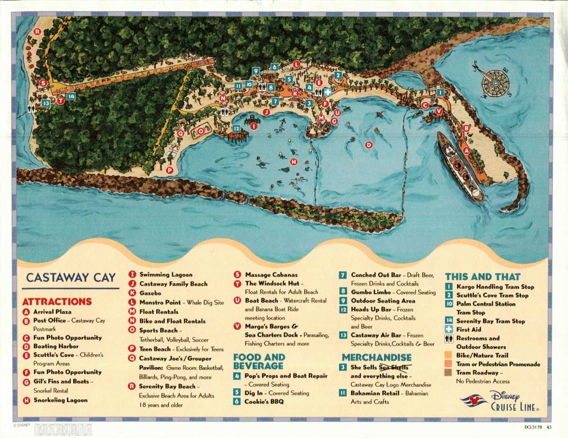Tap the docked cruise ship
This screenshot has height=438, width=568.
click(460, 166)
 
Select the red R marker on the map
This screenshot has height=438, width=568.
click(37, 32)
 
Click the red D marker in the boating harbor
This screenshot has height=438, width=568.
click(369, 145)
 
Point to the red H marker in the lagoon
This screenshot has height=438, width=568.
click(293, 162)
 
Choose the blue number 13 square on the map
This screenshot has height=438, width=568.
click(46, 103)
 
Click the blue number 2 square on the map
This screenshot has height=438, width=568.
click(337, 75)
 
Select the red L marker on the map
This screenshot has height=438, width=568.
click(296, 64)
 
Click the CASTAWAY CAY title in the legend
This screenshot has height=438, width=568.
click(71, 277)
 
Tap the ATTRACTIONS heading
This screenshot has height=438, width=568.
click(57, 301)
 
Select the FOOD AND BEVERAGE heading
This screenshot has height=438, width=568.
click(259, 361)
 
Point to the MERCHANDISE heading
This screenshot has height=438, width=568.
click(376, 357)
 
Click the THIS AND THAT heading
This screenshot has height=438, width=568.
click(482, 277)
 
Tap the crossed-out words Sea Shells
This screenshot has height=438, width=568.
click(392, 368)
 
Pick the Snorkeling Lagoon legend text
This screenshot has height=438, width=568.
click(60, 400)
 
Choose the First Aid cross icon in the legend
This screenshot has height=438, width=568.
click(449, 329)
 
